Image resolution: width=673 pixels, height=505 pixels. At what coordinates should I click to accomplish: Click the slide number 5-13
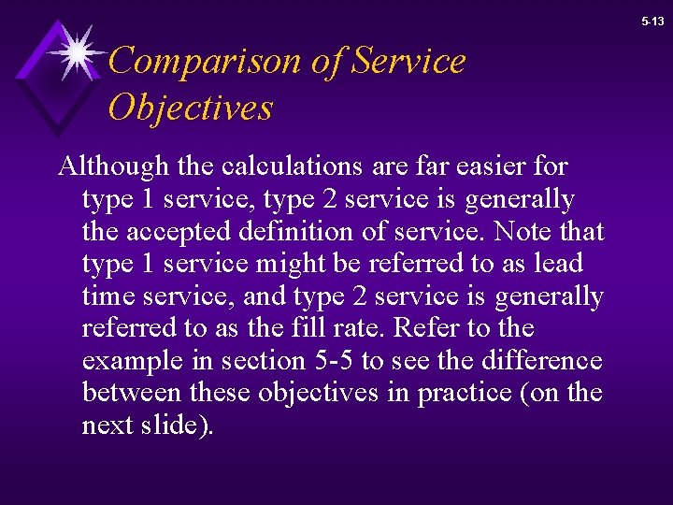point(653,21)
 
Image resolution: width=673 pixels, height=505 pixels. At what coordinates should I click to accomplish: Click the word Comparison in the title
point(202,62)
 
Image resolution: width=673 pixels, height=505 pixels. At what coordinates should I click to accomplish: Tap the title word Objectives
point(190,108)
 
